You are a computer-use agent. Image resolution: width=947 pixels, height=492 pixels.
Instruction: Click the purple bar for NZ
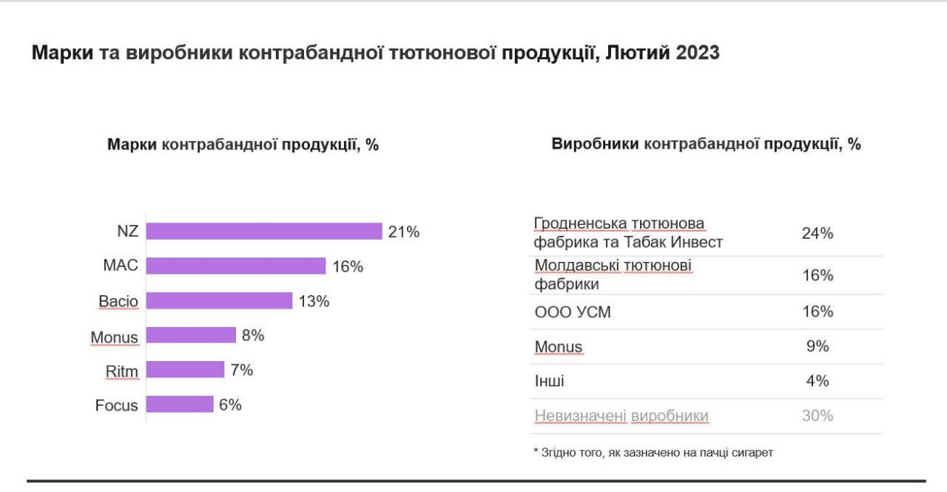click(x=263, y=232)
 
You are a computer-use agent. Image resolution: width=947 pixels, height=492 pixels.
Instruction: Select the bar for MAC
click(x=235, y=266)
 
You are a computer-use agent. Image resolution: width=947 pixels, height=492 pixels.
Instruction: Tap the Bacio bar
click(x=219, y=301)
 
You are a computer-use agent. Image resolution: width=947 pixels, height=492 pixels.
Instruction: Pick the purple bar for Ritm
click(x=185, y=370)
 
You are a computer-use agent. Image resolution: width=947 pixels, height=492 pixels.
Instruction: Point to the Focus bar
click(x=180, y=405)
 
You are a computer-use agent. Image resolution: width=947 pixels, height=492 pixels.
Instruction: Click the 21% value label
click(x=404, y=232)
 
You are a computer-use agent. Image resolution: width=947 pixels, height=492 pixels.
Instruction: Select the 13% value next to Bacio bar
click(x=314, y=301)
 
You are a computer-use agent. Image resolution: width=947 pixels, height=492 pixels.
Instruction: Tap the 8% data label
click(x=253, y=335)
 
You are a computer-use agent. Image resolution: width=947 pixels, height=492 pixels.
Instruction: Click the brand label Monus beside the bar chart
click(x=114, y=337)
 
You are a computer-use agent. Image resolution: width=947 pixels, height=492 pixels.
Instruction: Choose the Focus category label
click(x=116, y=405)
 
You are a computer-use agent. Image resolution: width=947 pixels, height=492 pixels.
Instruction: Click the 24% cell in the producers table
click(x=818, y=234)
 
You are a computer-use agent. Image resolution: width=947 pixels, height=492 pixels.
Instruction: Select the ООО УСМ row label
click(x=573, y=312)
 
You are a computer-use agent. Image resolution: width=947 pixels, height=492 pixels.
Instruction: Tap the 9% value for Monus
click(x=818, y=346)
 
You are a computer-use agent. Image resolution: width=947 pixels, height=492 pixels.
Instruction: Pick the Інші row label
click(x=549, y=381)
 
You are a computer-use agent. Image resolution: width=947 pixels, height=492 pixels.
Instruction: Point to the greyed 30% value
click(x=818, y=416)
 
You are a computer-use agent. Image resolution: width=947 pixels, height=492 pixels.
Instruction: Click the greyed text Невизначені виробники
click(x=621, y=416)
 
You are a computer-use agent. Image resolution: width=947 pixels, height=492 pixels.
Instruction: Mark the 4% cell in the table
click(x=818, y=381)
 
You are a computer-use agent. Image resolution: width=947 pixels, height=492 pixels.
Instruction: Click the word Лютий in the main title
click(x=638, y=53)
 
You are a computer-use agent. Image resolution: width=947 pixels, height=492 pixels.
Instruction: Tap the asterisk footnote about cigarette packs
click(x=653, y=452)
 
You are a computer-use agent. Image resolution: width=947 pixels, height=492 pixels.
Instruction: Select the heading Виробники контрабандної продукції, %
click(x=706, y=144)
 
